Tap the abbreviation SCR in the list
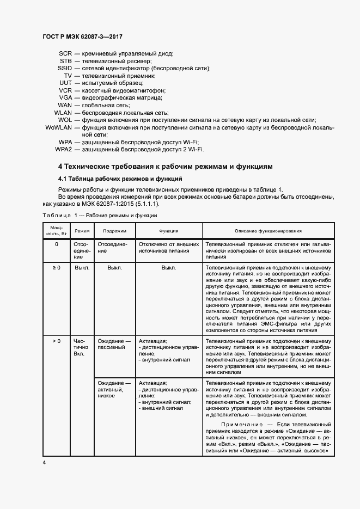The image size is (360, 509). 65,54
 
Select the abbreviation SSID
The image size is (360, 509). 64,69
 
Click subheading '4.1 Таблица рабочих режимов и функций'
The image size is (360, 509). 120,179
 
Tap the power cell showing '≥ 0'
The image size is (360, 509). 56,268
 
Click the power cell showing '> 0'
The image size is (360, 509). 56,341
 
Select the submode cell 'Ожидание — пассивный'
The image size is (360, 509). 114,344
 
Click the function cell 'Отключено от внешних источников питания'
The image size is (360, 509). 168,248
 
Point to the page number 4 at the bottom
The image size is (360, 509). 44,462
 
